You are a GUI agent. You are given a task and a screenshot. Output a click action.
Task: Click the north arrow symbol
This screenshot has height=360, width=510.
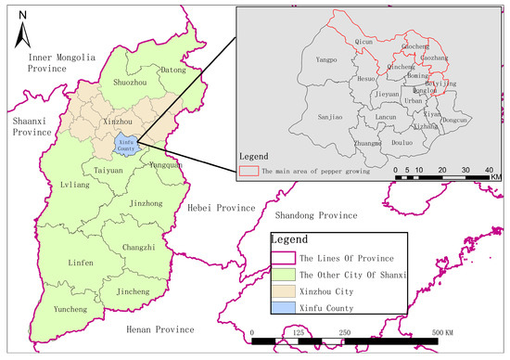coord(23,28)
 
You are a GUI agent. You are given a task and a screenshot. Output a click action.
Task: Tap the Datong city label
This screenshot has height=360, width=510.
coord(173,70)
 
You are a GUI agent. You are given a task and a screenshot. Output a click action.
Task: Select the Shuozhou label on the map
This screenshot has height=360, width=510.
coord(129,84)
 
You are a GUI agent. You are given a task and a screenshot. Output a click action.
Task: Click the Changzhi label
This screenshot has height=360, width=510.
coord(140,247)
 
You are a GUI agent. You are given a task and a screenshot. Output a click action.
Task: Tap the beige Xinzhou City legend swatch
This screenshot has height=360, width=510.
coord(282,289)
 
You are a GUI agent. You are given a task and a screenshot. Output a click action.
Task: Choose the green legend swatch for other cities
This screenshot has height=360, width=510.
coord(282,274)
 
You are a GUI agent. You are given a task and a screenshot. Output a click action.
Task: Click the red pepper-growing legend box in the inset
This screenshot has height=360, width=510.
coord(248,171)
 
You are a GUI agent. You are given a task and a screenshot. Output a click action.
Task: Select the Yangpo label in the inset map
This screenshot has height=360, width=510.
coord(326,60)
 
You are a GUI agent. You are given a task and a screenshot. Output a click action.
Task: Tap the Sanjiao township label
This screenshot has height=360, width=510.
coord(330,118)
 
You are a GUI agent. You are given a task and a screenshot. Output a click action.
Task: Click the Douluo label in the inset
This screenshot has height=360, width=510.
coord(402,143)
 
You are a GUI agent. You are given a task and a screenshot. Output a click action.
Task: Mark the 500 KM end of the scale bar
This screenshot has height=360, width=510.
coord(433,340)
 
